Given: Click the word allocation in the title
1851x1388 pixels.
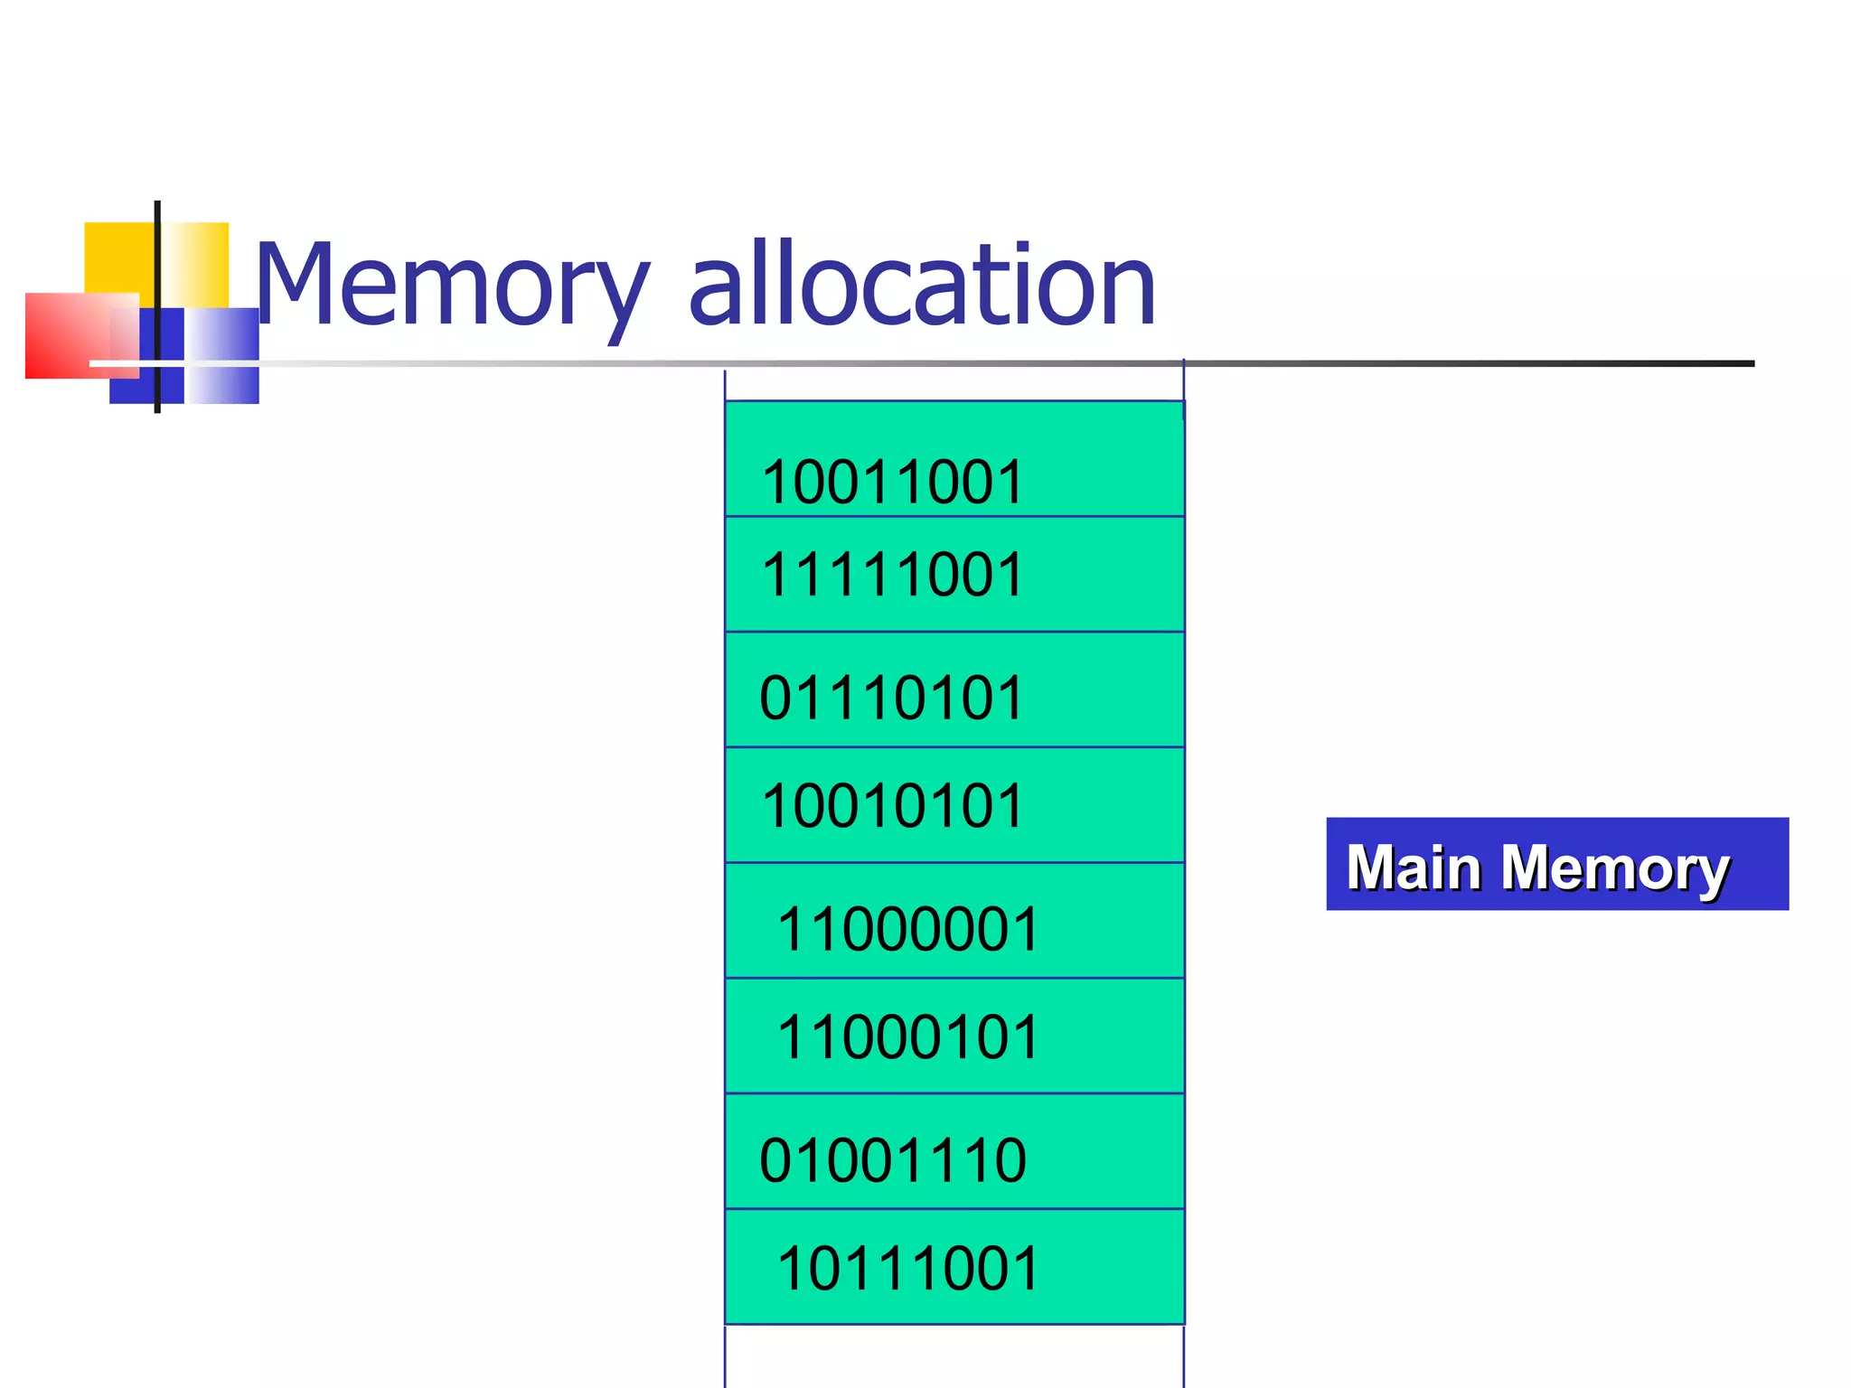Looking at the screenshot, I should [x=922, y=287].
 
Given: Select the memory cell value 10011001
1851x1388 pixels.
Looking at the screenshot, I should [x=892, y=482].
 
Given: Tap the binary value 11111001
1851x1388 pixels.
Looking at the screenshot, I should [x=892, y=575].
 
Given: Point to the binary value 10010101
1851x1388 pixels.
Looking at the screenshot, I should [x=892, y=806].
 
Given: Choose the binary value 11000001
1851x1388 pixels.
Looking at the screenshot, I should [x=908, y=930].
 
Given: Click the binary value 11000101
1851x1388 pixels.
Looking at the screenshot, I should [x=908, y=1037].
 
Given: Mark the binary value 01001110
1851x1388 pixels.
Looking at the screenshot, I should [x=893, y=1161].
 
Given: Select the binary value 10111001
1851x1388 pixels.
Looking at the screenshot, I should [x=908, y=1269].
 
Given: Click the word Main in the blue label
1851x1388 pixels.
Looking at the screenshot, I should [x=1414, y=867].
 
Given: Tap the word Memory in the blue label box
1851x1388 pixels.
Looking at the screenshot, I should [x=1615, y=869].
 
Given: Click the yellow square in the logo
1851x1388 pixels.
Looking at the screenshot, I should [x=117, y=258].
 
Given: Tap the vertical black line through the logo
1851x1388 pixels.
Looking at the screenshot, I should [x=157, y=271].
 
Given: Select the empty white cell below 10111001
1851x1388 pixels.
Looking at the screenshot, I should [x=954, y=1355].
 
